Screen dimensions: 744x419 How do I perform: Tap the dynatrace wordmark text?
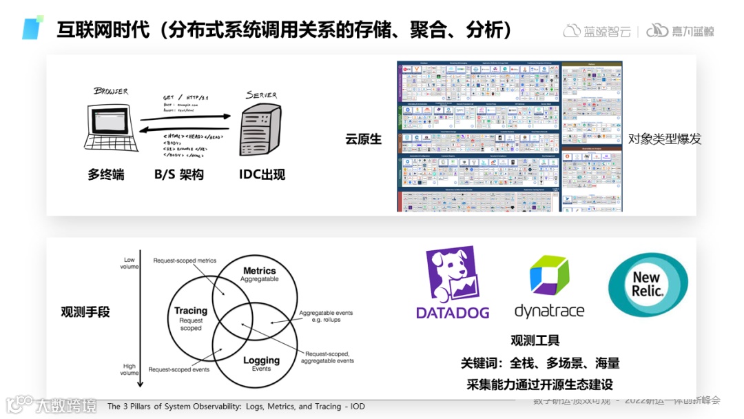549,311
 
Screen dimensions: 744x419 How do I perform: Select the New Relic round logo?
648,285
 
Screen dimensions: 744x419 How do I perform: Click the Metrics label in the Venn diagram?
260,271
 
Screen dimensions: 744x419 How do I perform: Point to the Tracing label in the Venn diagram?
191,311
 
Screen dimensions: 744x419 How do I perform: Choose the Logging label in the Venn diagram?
261,360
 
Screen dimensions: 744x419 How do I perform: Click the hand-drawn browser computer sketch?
110,128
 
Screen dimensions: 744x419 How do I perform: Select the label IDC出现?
262,174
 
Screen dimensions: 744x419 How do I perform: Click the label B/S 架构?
179,174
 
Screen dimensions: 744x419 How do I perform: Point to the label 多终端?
106,174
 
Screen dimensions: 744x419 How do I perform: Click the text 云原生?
364,139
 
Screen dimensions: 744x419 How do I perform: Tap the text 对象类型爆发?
664,139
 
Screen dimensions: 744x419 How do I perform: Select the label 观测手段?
85,311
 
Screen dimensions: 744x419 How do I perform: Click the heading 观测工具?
535,340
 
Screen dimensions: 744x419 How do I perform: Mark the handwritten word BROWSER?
111,91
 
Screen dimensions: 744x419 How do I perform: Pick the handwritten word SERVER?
261,95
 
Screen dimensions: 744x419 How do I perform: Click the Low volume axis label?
130,263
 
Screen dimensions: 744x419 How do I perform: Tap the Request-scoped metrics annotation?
185,260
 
